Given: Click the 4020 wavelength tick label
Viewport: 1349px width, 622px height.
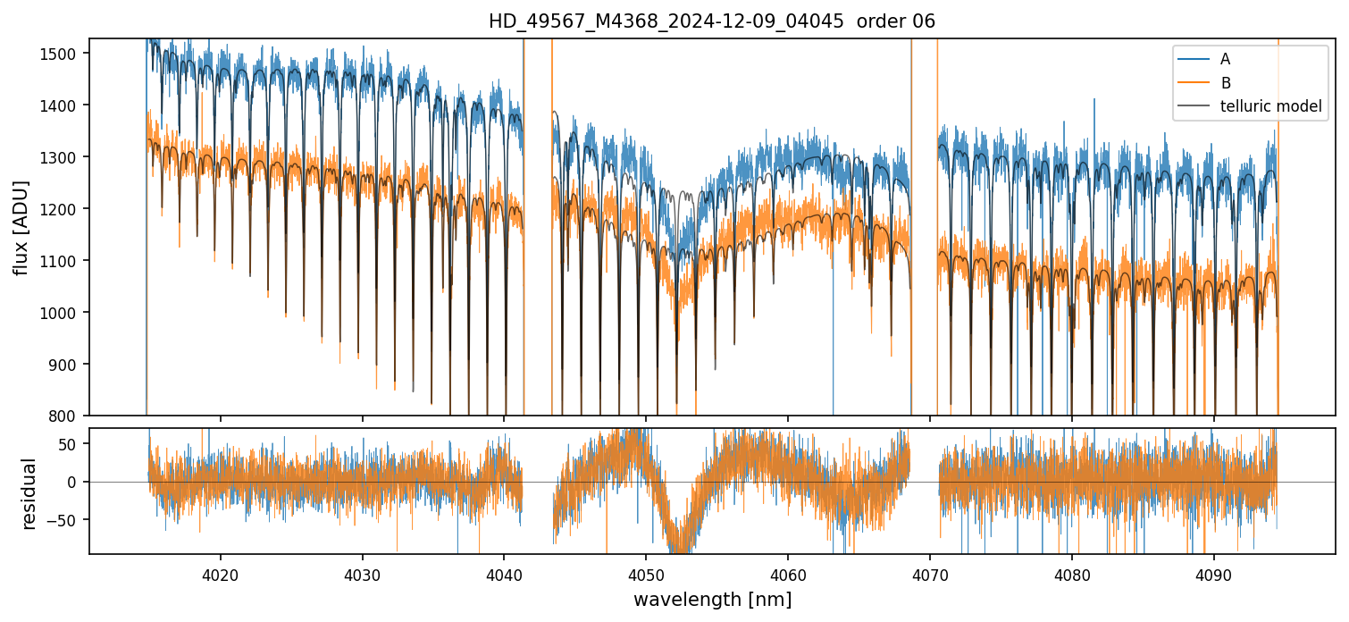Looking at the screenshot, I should pyautogui.click(x=221, y=576).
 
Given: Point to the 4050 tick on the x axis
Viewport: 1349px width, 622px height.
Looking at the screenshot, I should pyautogui.click(x=646, y=576).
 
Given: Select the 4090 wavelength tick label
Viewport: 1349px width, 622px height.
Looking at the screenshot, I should pyautogui.click(x=1214, y=576).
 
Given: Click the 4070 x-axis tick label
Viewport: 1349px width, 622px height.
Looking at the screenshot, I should pyautogui.click(x=930, y=576).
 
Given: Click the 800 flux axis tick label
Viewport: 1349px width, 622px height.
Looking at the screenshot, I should pyautogui.click(x=66, y=416).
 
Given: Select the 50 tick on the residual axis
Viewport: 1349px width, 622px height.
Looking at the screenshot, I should pyautogui.click(x=72, y=444).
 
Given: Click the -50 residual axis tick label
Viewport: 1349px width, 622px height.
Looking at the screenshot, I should pyautogui.click(x=69, y=520).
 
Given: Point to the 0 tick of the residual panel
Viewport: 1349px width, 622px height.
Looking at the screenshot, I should pyautogui.click(x=77, y=483).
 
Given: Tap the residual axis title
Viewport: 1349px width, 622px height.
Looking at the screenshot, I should pyautogui.click(x=29, y=493).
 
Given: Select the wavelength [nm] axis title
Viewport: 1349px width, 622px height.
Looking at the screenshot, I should pyautogui.click(x=712, y=599).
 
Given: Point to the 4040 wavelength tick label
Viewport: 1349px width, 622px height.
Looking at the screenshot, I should pyautogui.click(x=504, y=576).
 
